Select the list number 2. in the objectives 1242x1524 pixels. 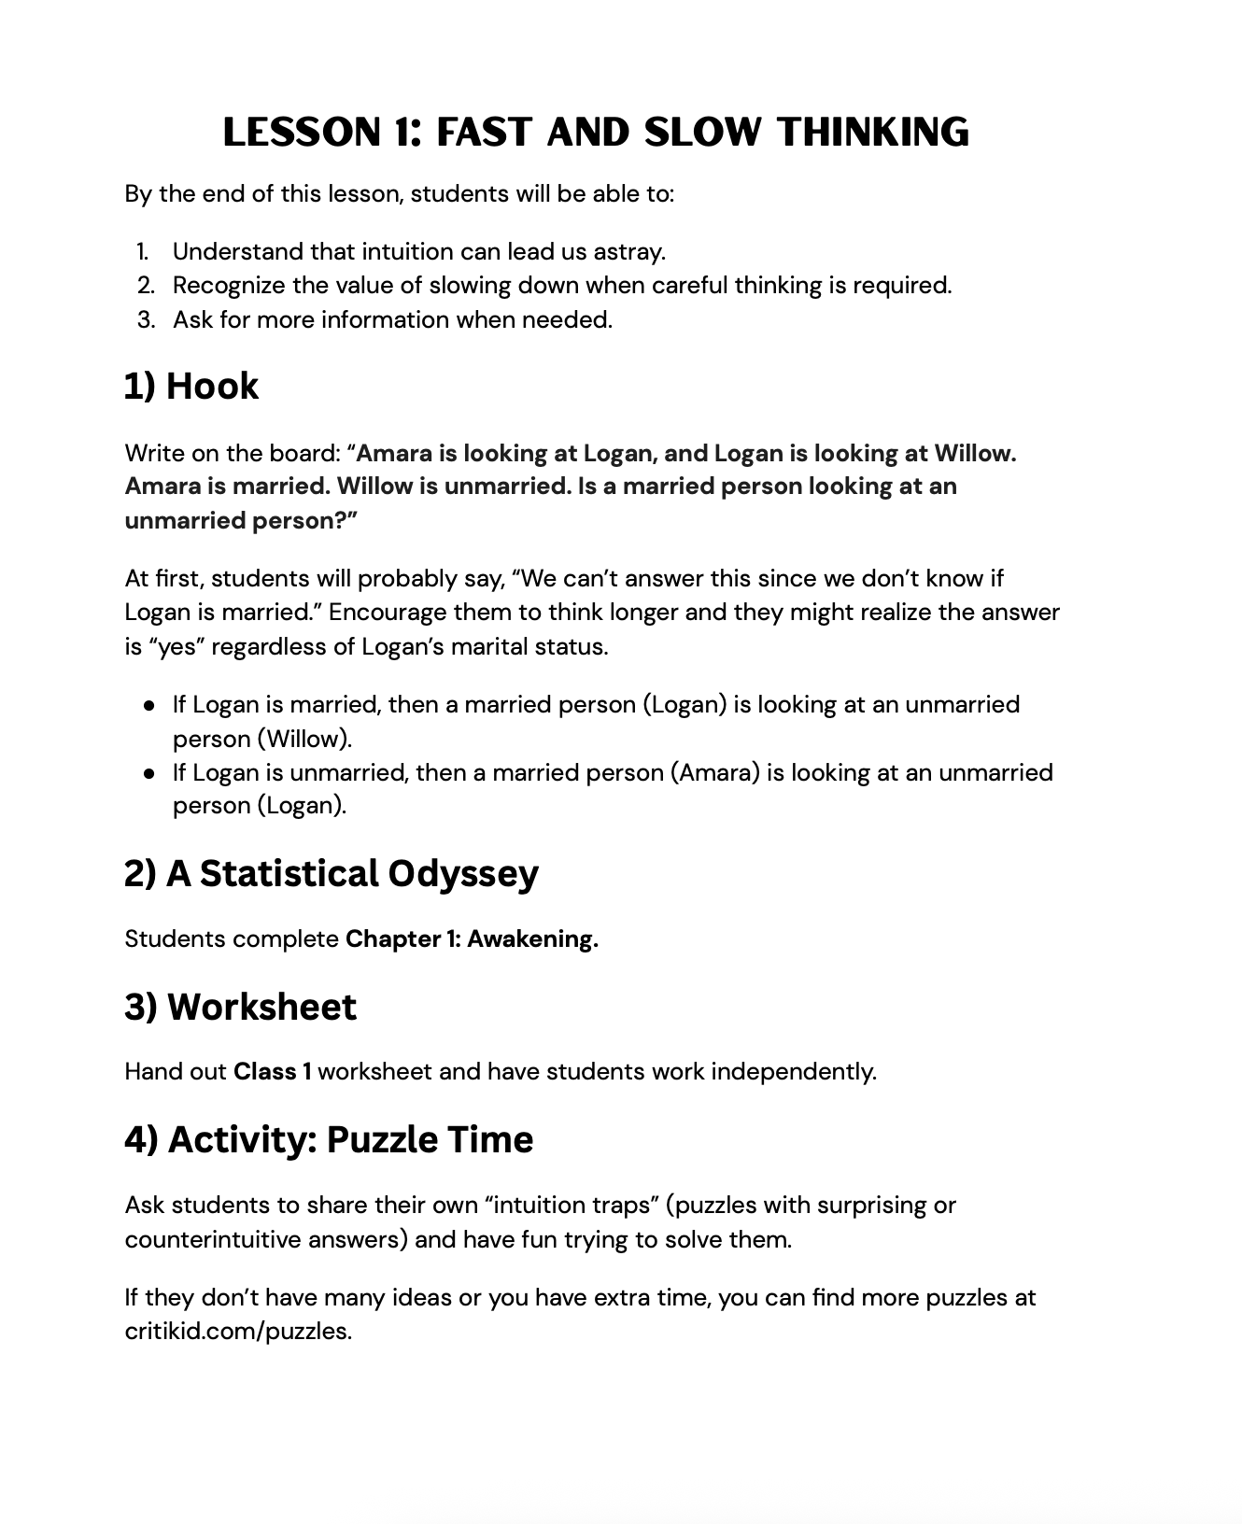click(146, 285)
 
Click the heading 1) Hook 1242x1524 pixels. click(191, 386)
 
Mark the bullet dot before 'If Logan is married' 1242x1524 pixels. click(149, 706)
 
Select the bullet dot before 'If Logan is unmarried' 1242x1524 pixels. click(149, 774)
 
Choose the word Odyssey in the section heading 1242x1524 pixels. click(462, 873)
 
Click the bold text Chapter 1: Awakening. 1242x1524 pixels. click(472, 938)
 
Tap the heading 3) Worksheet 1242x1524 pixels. click(240, 1007)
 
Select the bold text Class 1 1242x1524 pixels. click(272, 1071)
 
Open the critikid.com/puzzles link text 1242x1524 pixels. click(238, 1331)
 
